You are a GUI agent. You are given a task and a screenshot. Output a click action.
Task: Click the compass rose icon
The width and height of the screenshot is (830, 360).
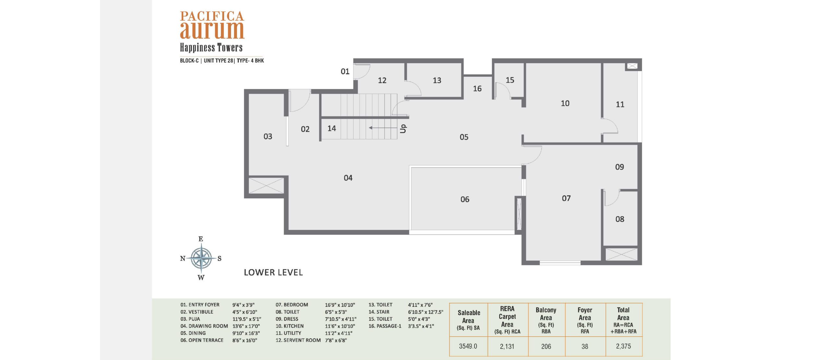(x=201, y=258)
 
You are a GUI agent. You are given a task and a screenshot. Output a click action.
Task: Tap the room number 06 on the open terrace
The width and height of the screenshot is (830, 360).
(x=465, y=199)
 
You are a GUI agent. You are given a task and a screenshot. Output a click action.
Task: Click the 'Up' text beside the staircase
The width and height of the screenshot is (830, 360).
(x=403, y=128)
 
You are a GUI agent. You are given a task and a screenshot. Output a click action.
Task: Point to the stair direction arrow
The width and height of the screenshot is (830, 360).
(x=383, y=128)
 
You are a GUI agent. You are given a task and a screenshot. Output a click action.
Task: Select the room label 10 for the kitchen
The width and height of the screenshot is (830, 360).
(x=565, y=103)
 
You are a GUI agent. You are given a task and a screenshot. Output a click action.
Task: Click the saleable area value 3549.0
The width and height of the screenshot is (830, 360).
(x=468, y=346)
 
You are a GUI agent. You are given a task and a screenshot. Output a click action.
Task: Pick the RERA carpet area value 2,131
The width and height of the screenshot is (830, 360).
(x=507, y=346)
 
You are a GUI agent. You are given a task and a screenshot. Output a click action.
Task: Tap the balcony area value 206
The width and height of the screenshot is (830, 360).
(x=546, y=346)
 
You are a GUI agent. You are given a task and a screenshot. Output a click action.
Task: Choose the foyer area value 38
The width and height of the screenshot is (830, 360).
(x=585, y=346)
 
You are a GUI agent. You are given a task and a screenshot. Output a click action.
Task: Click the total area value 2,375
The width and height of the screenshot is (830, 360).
(x=623, y=346)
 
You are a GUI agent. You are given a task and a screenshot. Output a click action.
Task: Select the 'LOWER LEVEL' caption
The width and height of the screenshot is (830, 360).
(x=273, y=273)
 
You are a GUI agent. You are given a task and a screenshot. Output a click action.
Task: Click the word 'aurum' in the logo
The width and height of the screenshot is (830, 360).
(x=212, y=30)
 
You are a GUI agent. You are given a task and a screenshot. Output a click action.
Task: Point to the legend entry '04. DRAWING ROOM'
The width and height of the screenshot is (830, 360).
(x=204, y=326)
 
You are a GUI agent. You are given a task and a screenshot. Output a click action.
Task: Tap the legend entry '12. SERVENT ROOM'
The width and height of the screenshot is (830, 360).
(x=298, y=340)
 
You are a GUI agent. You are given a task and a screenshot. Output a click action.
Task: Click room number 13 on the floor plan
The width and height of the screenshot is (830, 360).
(x=437, y=80)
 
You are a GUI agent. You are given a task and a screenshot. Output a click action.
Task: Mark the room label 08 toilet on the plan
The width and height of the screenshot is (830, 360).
(x=620, y=219)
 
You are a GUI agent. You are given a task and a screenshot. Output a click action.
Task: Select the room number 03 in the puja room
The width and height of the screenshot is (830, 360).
(x=267, y=136)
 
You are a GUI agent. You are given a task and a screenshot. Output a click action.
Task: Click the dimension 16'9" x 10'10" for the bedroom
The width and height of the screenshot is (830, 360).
(x=340, y=305)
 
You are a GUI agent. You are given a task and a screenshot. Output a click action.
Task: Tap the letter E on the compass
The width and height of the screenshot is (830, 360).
(x=201, y=239)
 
